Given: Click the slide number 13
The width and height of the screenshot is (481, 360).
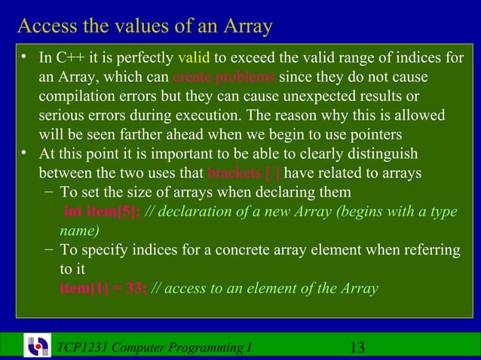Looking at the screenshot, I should point(358,347).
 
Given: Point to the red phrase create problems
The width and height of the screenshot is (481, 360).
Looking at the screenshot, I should point(224,78).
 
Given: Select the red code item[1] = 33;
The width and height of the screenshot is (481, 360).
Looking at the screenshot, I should point(103,288).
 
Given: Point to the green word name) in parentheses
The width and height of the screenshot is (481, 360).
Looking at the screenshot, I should point(78,230).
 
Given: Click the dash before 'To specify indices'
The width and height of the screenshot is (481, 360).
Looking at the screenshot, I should point(48,249).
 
